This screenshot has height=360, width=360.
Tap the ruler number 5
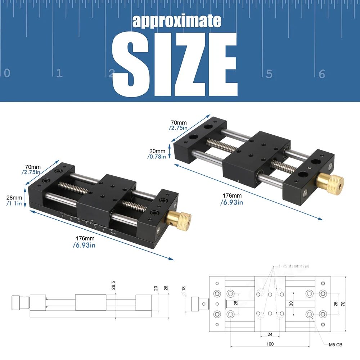coord(269,74)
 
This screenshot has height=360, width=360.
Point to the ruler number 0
coord(7,73)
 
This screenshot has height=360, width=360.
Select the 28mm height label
coord(14,198)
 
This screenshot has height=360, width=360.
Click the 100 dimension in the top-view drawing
coord(270,344)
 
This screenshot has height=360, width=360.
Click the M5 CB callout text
coord(336,345)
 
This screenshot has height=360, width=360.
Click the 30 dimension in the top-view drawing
coord(291,303)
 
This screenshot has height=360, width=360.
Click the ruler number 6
coord(322,74)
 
